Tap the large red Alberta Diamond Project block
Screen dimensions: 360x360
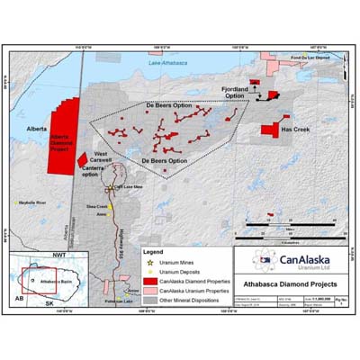[63, 137]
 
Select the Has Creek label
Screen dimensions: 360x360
[294, 130]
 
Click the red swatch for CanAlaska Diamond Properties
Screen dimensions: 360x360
[148, 282]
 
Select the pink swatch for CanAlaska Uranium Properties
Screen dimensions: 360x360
[148, 292]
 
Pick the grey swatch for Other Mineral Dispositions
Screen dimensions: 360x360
[148, 301]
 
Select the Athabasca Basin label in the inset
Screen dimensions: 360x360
[55, 282]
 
